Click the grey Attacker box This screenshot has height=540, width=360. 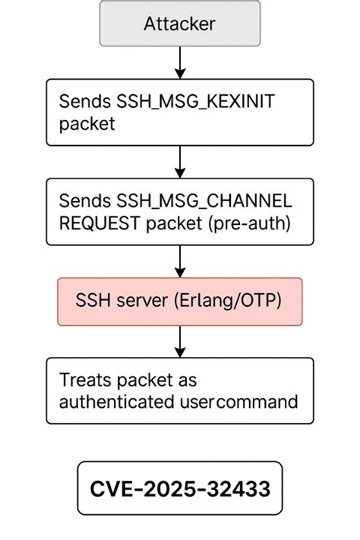tap(179, 24)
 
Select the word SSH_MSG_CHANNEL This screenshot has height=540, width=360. tap(200, 201)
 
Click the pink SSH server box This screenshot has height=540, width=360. tap(180, 302)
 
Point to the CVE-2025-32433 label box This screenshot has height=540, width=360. tap(179, 488)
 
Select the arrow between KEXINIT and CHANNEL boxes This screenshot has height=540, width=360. tap(180, 161)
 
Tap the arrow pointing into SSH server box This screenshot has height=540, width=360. tap(180, 261)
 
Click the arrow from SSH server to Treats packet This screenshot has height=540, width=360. tap(180, 341)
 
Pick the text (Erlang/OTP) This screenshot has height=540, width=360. tap(233, 302)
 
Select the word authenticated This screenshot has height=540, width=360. tap(114, 402)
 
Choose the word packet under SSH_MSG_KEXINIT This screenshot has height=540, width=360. tap(87, 123)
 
